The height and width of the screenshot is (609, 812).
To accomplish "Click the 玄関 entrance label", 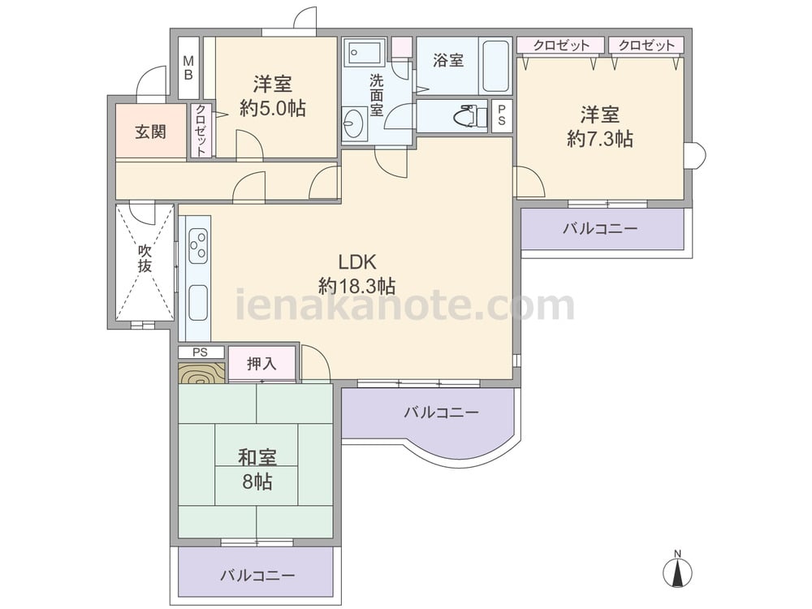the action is click(x=151, y=132).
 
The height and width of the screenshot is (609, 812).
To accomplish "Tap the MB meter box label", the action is click(x=188, y=68).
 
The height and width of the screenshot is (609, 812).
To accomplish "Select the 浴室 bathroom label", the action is click(x=448, y=61).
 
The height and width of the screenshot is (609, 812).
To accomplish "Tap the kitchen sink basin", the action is click(x=198, y=302).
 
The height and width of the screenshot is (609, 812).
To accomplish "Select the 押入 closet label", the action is click(x=262, y=364).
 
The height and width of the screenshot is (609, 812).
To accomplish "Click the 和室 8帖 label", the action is click(x=257, y=469).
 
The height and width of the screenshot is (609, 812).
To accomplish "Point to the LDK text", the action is click(x=356, y=262).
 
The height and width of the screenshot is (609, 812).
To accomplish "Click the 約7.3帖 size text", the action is click(x=600, y=139).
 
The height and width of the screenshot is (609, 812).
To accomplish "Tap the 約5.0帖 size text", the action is click(x=272, y=108).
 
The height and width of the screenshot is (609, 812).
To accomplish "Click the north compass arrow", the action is click(x=677, y=573).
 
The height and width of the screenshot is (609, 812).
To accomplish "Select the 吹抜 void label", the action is click(x=145, y=258).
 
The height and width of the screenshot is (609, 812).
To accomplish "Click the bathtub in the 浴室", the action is click(x=495, y=66).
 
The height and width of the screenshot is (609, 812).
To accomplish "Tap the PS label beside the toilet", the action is click(x=501, y=116).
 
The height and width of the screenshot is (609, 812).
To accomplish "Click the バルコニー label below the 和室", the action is click(x=258, y=576).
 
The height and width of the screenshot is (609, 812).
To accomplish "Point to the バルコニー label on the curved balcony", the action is click(x=442, y=412).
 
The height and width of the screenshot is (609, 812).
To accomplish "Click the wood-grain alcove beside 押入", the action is click(x=202, y=373).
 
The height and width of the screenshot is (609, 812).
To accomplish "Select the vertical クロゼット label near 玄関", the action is click(x=201, y=130).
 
